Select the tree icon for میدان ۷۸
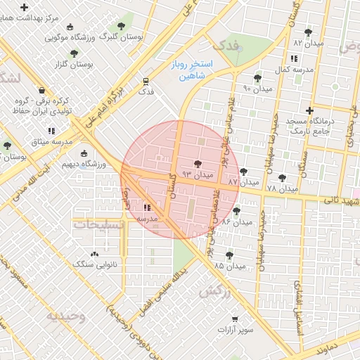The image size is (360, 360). (x=283, y=179)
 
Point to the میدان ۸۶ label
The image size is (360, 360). (x=236, y=221)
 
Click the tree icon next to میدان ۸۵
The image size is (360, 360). (x=229, y=255)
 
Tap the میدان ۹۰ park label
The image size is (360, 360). (x=257, y=89)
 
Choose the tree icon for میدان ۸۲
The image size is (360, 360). (x=307, y=32)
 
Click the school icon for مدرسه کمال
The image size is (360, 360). (x=292, y=58)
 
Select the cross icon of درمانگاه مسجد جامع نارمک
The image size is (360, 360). (x=309, y=110)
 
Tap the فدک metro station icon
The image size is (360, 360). (x=146, y=81)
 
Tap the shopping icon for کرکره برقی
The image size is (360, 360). (x=42, y=91)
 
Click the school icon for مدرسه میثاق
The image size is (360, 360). (x=51, y=131)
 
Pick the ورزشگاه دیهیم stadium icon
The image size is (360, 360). (x=85, y=154)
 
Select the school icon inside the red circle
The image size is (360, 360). (x=147, y=207)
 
